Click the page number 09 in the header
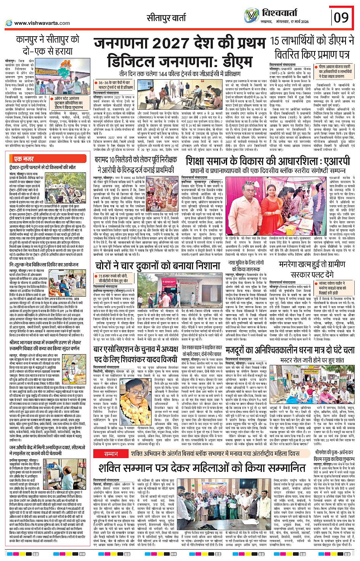[x=341, y=18]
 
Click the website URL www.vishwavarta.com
[x=42, y=23]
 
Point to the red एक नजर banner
[x=24, y=159]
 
